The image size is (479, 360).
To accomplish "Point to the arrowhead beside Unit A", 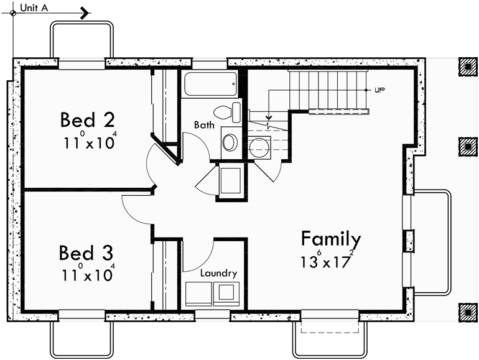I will (85, 12).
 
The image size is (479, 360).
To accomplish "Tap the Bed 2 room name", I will (87, 119).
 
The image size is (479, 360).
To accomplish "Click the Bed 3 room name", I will (86, 253).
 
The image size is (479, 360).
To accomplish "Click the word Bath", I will (204, 125).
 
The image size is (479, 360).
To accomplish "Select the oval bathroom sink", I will (230, 142).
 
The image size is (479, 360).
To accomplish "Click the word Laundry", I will (218, 273).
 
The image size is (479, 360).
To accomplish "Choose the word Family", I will (330, 239).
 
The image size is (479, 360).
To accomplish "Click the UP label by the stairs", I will (379, 90).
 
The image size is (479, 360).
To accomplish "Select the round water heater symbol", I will (257, 147).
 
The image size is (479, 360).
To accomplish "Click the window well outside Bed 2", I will (82, 40).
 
